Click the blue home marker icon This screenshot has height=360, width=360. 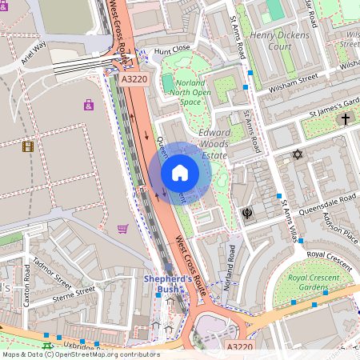coord(180,173)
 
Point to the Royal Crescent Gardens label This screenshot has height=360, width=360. coord(308,282)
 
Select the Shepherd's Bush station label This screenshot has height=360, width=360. coord(167,283)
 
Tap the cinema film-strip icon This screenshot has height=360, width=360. coord(29,146)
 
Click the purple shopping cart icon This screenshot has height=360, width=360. coord(122,230)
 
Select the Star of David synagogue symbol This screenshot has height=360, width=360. coord(298,154)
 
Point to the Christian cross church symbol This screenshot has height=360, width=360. coord(346,119)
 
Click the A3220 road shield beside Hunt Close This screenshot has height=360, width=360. coord(135,80)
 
